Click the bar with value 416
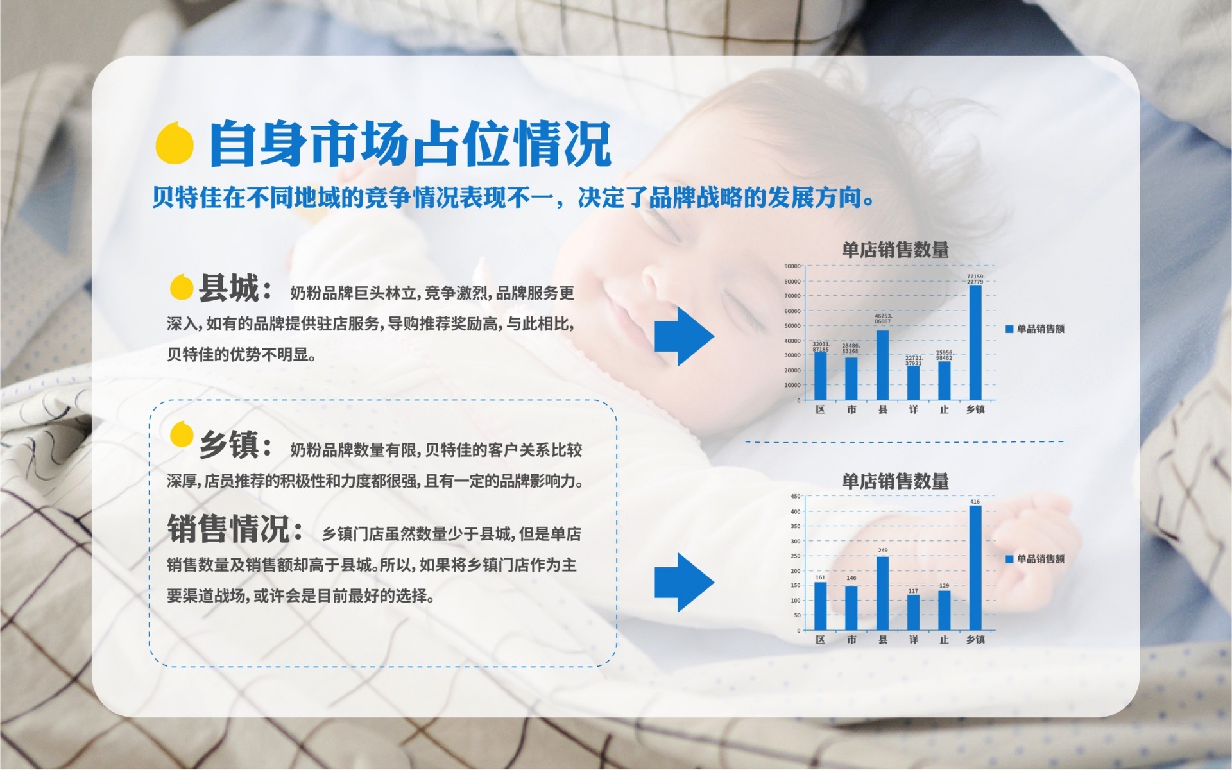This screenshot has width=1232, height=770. tap(975, 568)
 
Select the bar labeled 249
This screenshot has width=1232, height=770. tap(882, 593)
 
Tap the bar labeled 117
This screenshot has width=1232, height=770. tap(913, 612)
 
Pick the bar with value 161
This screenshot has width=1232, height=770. tap(820, 606)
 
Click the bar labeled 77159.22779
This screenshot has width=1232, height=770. tap(975, 343)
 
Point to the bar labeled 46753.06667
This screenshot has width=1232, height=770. tap(882, 365)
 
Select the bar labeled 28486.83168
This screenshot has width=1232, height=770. tap(851, 379)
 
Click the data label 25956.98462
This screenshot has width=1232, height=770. tap(944, 355)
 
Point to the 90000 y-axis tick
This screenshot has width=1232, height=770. tap(792, 266)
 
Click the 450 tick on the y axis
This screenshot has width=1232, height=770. tap(795, 497)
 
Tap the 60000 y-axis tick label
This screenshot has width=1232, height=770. tap(792, 311)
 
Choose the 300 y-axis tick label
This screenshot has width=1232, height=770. tap(795, 542)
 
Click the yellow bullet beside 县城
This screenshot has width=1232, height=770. tap(182, 287)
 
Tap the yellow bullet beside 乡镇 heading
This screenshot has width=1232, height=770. tap(182, 434)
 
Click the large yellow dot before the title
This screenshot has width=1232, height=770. tap(175, 142)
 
